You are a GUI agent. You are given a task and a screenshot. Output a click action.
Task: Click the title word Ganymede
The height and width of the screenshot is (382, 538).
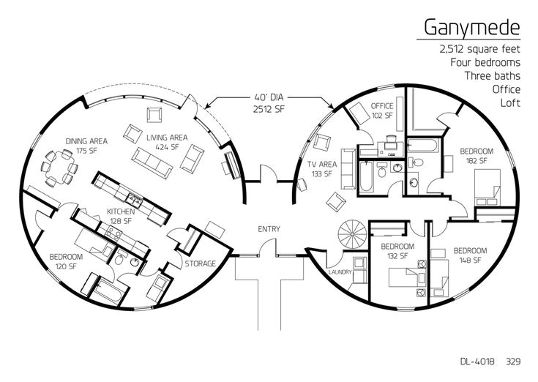(x=472, y=28)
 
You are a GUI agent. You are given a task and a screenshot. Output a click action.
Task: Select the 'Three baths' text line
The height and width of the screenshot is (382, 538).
(x=492, y=75)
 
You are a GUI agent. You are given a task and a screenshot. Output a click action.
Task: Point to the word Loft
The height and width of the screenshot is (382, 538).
(x=509, y=102)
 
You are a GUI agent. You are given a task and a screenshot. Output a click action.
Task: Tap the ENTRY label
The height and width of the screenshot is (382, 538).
(x=269, y=229)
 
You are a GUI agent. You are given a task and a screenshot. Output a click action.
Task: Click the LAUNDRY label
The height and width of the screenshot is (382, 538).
(x=340, y=272)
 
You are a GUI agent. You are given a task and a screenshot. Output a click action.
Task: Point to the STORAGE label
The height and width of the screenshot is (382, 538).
(x=199, y=263)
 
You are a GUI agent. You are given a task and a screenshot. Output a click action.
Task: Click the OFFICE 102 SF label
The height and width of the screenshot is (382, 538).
(x=382, y=111)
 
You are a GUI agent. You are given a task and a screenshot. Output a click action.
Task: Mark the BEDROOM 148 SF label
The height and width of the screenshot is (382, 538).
(x=466, y=255)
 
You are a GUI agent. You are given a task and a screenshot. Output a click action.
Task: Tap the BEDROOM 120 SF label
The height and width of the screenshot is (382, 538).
(x=66, y=261)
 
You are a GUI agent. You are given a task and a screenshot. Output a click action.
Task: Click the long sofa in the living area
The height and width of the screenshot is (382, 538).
(x=152, y=158)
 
